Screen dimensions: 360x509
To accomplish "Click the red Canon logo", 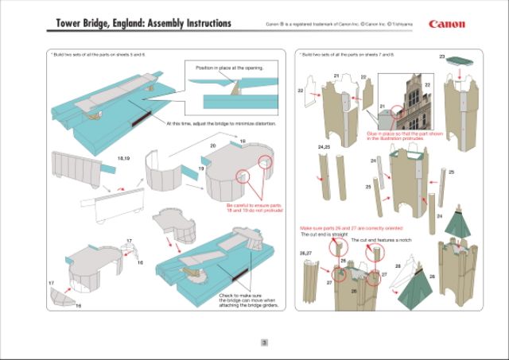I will click(447, 23).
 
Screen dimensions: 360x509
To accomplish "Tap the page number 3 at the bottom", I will click(263, 343).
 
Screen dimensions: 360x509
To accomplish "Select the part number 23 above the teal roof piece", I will click(442, 56).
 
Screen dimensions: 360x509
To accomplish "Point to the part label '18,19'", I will click(122, 160).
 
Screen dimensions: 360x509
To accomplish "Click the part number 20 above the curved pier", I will click(212, 147).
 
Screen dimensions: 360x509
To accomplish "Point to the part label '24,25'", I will click(324, 147).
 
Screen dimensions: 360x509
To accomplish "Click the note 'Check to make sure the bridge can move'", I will click(246, 300).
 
